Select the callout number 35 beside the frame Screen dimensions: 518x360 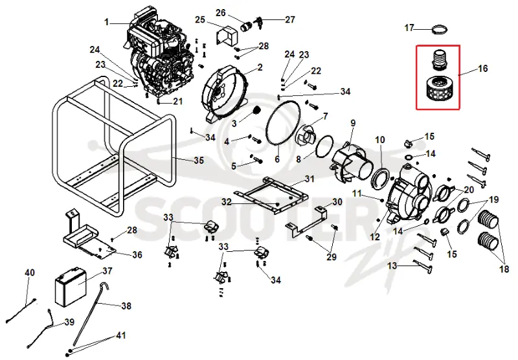pos(199,161)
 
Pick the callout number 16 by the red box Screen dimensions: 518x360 pos(483,69)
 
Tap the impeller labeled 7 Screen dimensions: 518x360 pos(305,135)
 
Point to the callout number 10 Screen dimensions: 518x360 pos(380,140)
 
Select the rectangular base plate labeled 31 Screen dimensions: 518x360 pos(271,195)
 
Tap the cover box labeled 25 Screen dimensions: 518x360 pos(227,34)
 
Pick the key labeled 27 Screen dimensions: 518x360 pos(258,23)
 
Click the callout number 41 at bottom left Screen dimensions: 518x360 pos(120,335)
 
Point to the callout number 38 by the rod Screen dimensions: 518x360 pos(126,306)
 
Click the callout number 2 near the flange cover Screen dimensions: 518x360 pos(260,67)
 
